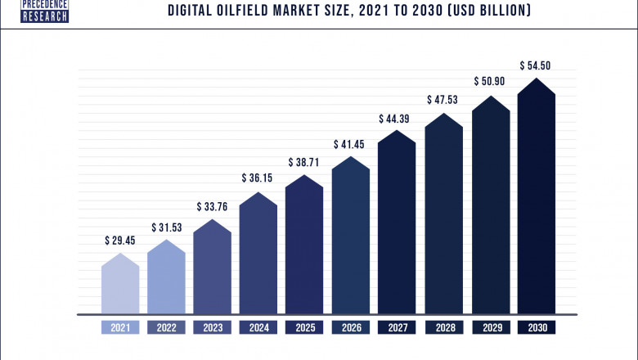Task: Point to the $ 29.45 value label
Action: (x=120, y=241)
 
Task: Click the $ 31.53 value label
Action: (x=166, y=227)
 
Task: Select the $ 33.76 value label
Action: (x=213, y=206)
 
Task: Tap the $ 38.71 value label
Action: (x=305, y=163)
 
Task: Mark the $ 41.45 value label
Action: (x=351, y=144)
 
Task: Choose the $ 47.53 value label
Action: (x=443, y=100)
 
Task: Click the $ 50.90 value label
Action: (x=490, y=82)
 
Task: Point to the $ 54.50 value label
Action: (x=536, y=65)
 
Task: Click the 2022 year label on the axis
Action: (x=166, y=328)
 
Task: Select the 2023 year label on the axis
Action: (x=213, y=328)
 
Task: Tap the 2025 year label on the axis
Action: (x=305, y=328)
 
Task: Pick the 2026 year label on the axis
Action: (x=351, y=328)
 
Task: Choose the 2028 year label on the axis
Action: (x=443, y=328)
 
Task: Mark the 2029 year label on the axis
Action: (x=490, y=328)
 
